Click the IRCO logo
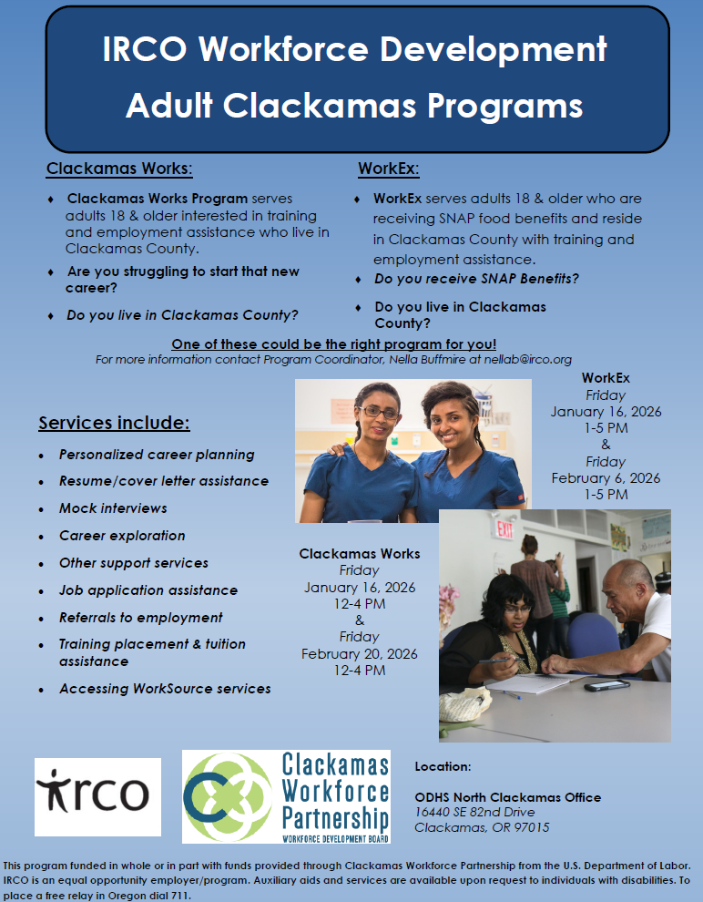(x=97, y=796)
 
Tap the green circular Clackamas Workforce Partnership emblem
(x=228, y=796)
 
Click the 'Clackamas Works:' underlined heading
(x=119, y=169)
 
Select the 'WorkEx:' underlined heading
(x=389, y=169)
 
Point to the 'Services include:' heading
(x=115, y=423)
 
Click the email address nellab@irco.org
(x=527, y=360)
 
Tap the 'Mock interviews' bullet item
(x=113, y=508)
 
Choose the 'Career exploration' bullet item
(x=122, y=536)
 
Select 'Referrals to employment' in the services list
(x=141, y=617)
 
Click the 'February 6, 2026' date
(x=606, y=478)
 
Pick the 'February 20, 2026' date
(x=360, y=654)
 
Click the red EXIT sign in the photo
(x=504, y=528)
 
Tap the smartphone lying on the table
(x=607, y=685)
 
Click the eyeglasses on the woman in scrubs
(x=378, y=412)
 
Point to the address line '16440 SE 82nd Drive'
(x=474, y=813)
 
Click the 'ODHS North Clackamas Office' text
(x=508, y=797)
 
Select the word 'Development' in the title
(x=494, y=49)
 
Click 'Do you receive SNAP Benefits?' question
(x=476, y=279)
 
